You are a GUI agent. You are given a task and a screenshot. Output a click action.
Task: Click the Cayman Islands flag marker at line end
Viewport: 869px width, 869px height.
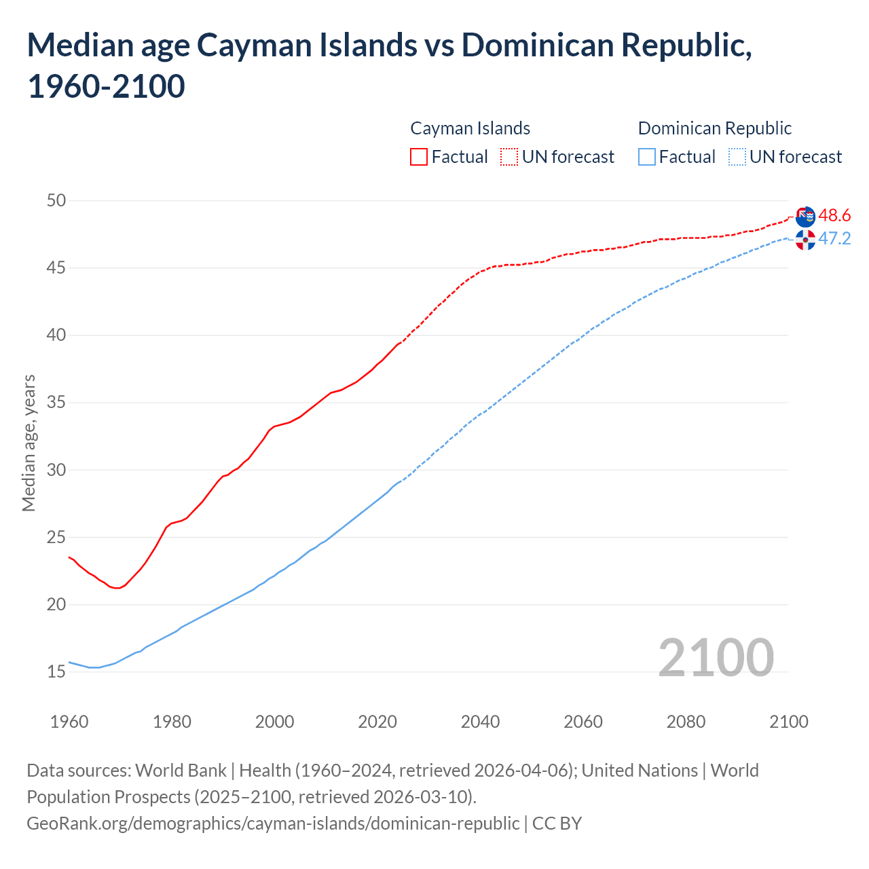(x=805, y=217)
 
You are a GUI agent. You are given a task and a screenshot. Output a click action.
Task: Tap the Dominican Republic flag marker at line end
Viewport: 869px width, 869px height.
(x=805, y=240)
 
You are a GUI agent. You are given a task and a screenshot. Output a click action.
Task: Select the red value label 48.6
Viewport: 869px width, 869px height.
(x=834, y=216)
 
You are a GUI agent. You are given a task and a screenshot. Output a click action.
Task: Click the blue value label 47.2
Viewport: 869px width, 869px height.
(x=834, y=239)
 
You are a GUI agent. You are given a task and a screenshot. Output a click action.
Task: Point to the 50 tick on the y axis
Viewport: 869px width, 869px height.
(x=56, y=200)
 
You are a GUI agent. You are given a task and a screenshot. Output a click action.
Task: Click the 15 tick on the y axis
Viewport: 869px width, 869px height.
(x=56, y=671)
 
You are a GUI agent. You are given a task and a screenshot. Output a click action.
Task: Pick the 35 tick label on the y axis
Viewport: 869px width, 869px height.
(x=56, y=403)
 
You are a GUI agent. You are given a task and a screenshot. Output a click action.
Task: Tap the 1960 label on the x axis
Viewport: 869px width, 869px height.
(x=69, y=722)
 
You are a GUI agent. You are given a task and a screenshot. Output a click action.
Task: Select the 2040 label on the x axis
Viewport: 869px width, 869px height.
(x=480, y=722)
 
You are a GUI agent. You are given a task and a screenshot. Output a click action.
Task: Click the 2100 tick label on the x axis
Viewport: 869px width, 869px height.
(x=788, y=722)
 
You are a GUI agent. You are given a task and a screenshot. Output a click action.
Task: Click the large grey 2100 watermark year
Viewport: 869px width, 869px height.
(x=716, y=657)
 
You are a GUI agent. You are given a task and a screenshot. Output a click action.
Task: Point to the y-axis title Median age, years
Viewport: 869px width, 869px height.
(x=29, y=443)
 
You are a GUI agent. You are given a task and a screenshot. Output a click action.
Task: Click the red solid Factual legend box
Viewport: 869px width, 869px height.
(x=419, y=157)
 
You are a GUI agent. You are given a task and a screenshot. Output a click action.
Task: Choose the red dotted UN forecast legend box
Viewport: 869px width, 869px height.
(x=509, y=157)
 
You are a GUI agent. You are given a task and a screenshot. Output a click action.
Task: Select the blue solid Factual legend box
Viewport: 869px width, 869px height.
(x=647, y=157)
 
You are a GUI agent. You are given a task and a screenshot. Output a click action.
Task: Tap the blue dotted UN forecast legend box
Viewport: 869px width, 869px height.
(x=737, y=157)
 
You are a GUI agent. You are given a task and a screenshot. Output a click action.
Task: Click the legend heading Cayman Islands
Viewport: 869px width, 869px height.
(x=470, y=128)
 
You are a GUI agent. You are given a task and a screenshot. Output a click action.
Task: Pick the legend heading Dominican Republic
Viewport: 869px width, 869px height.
(x=715, y=128)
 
